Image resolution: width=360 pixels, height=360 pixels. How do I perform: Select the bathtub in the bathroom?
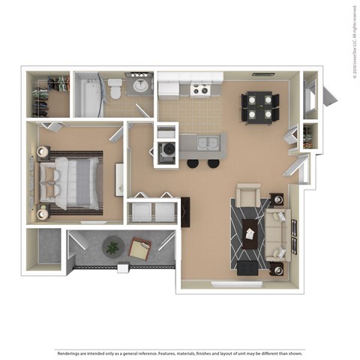click(x=89, y=94)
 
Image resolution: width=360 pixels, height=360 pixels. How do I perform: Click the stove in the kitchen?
click(x=199, y=90)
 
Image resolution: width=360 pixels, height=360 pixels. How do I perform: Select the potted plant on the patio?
click(x=113, y=246)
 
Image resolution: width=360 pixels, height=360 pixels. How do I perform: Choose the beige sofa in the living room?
click(x=277, y=234)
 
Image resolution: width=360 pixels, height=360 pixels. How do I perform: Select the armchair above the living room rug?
click(x=248, y=196)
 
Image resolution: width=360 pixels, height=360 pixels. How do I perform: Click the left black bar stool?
click(x=193, y=163)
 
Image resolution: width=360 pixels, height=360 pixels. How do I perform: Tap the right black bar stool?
click(x=214, y=163)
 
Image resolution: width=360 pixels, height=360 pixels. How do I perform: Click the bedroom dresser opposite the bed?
click(x=119, y=180)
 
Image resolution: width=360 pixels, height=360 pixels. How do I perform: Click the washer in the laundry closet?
click(x=166, y=151)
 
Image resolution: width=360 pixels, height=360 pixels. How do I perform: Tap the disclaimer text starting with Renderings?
click(x=180, y=352)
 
